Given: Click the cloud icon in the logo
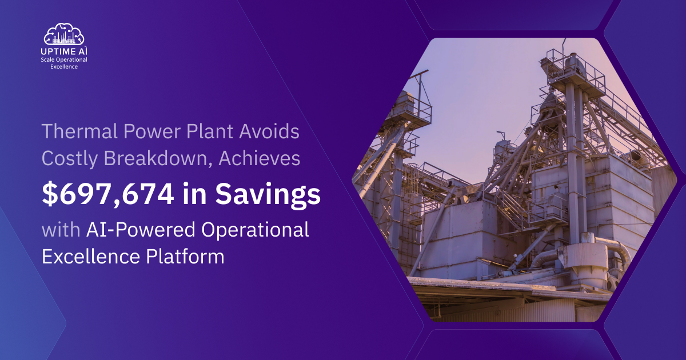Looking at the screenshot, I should [64, 34].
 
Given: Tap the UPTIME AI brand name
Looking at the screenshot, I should [64, 51].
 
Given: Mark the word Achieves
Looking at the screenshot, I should [265, 159].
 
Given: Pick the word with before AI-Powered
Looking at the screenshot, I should [61, 230].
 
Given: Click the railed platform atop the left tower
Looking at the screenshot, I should [409, 109].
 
